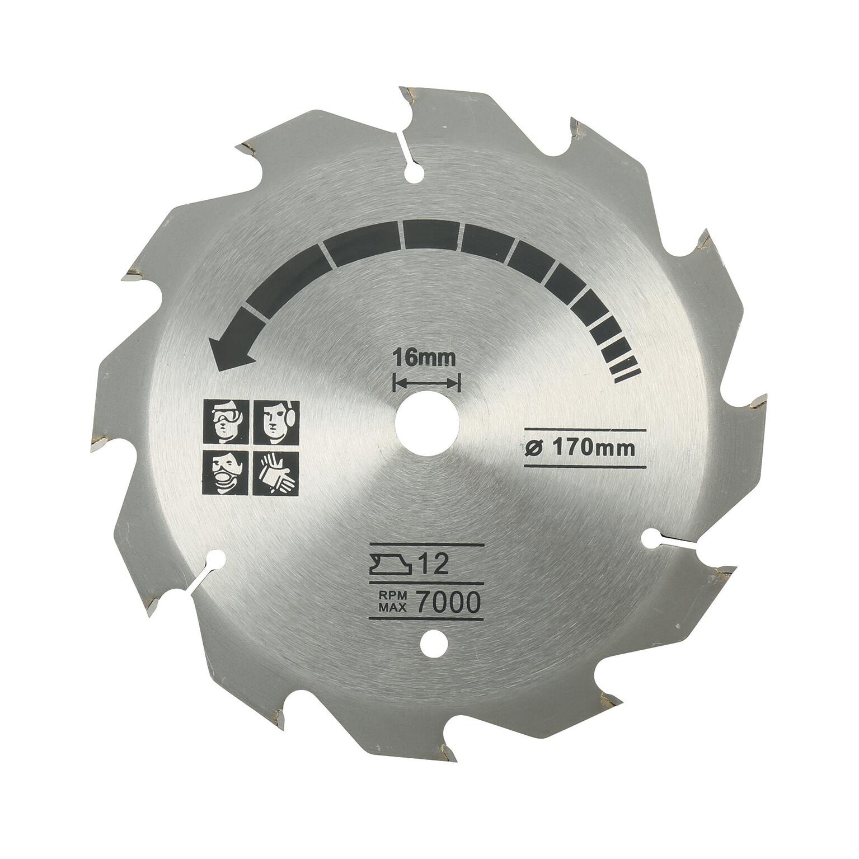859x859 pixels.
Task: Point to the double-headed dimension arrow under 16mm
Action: tap(427, 383)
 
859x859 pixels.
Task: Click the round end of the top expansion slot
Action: tap(415, 176)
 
